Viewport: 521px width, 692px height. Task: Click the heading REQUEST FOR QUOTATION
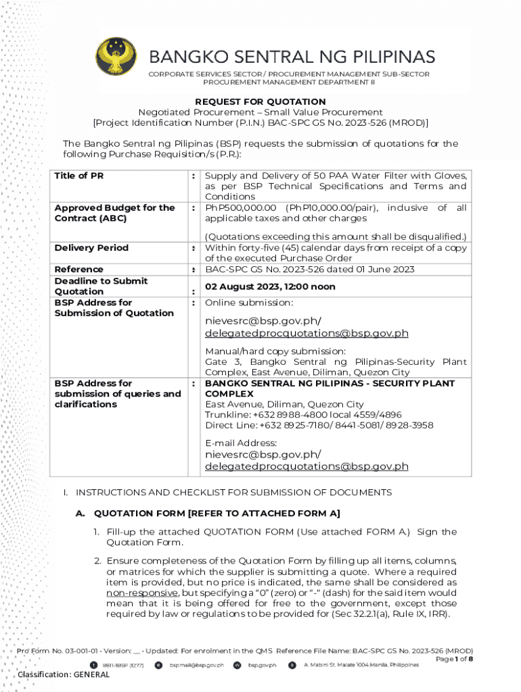(x=260, y=101)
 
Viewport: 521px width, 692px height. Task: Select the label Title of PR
(x=79, y=176)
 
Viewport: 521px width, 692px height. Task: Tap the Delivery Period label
(x=91, y=248)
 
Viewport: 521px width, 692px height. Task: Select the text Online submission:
(x=250, y=303)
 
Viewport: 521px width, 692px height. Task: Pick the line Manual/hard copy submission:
(x=275, y=351)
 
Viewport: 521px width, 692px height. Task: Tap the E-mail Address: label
(x=241, y=443)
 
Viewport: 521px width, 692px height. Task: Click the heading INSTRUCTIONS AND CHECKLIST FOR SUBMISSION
(x=233, y=493)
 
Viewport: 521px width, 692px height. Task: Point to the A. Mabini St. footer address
(x=360, y=665)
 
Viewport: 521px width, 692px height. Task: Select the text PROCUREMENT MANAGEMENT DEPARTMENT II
(x=289, y=82)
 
